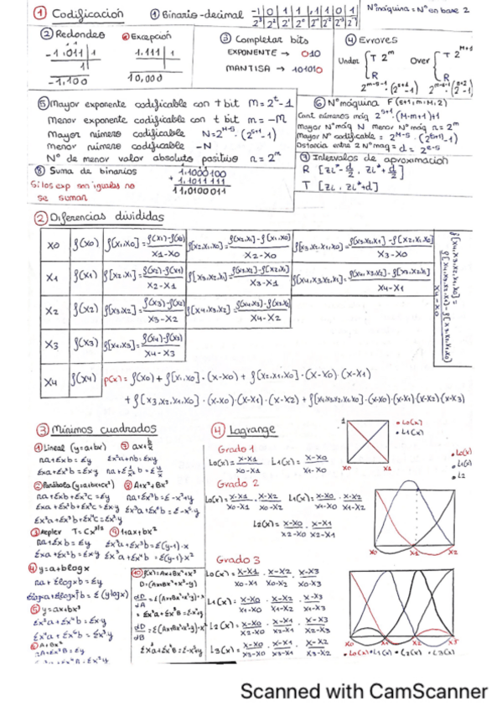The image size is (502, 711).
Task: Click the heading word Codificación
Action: pos(87,13)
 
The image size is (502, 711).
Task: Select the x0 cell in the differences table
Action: pos(53,247)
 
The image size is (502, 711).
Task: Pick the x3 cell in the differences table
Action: pos(53,344)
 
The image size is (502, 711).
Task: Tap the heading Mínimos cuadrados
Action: pos(89,429)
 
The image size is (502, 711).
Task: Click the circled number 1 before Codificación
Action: pos(39,13)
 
